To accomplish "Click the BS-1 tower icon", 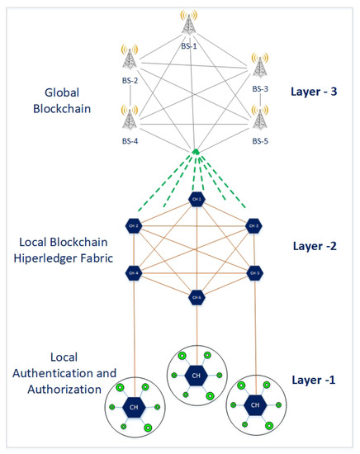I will (x=189, y=24).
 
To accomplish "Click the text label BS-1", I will (x=189, y=46).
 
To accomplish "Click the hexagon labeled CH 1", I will (x=196, y=201).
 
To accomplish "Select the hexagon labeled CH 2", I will (x=132, y=225).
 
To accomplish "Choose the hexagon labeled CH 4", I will (x=132, y=272).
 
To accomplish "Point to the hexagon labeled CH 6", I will (x=196, y=296).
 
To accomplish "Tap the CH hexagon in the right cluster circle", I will (x=257, y=405).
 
